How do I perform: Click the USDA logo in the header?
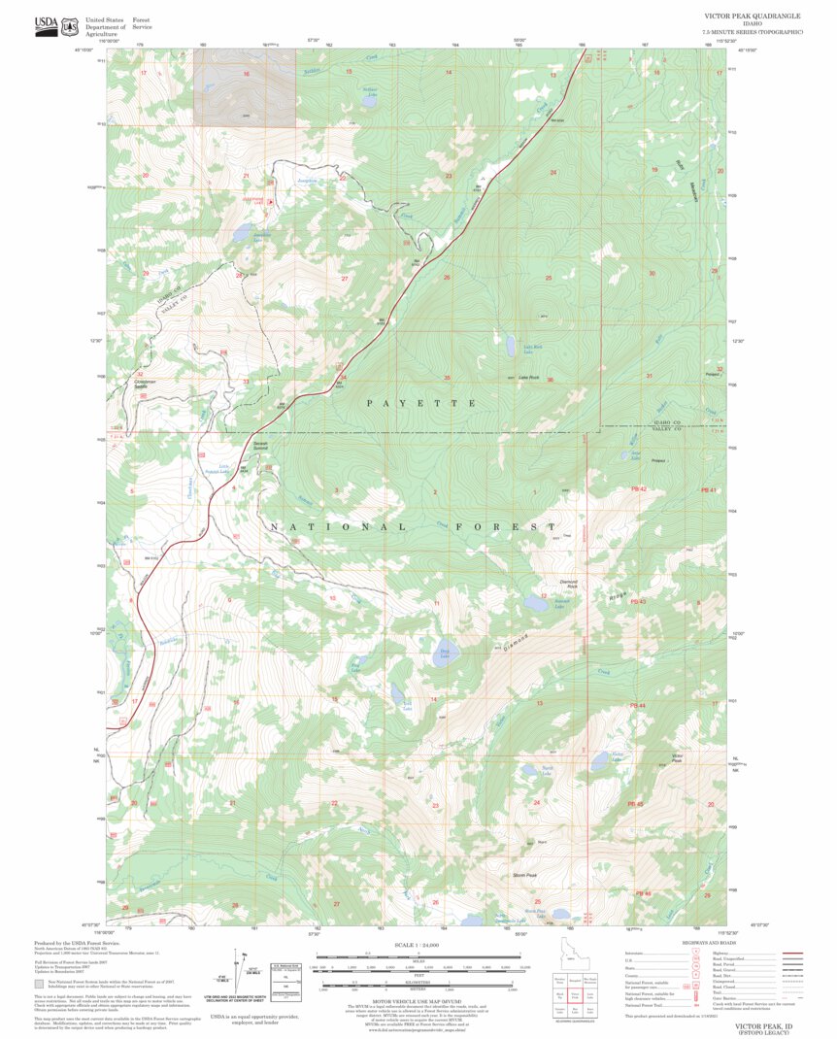pyautogui.click(x=45, y=25)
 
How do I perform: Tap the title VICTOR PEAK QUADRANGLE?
pyautogui.click(x=753, y=17)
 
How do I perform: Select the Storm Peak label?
pyautogui.click(x=524, y=875)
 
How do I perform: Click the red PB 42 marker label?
pyautogui.click(x=638, y=489)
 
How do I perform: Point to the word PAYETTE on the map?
pyautogui.click(x=420, y=402)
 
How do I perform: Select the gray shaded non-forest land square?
pyautogui.click(x=245, y=87)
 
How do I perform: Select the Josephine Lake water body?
pyautogui.click(x=238, y=234)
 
